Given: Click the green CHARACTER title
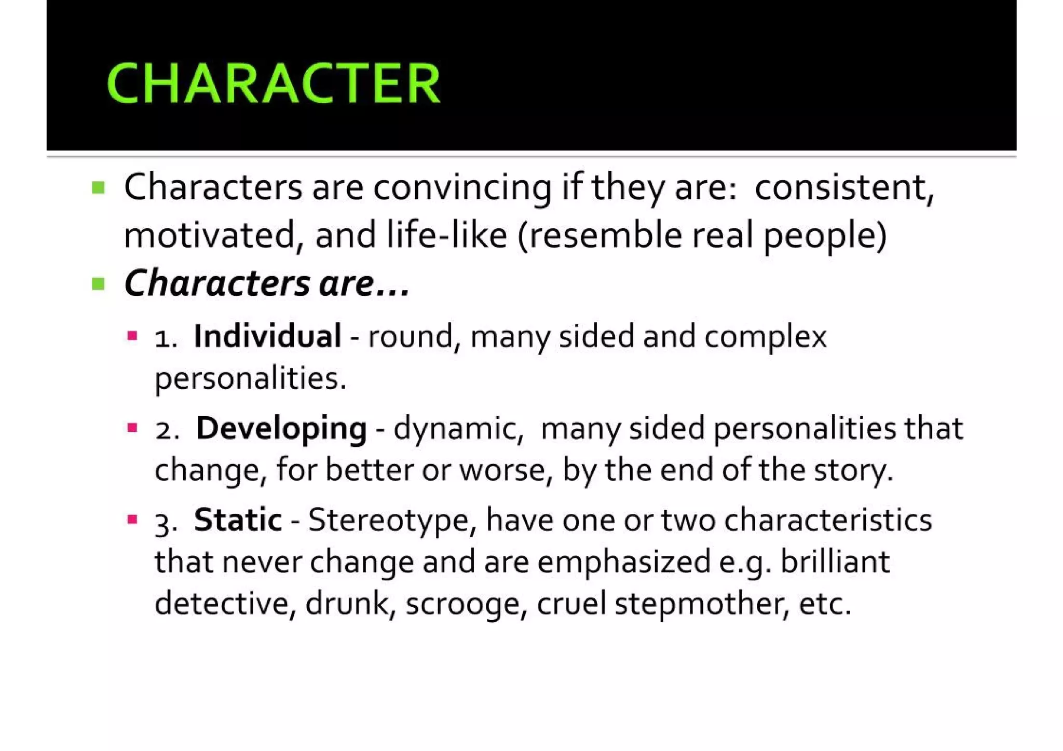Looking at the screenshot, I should (273, 83).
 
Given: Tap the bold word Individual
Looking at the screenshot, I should (267, 336).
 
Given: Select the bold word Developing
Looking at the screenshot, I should (281, 428).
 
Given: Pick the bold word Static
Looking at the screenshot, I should (238, 520).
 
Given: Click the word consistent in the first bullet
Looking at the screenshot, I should (844, 187).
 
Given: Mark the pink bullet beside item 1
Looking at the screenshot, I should (132, 336).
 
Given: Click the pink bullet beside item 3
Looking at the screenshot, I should (132, 519).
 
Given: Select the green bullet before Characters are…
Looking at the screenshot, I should (98, 284).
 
